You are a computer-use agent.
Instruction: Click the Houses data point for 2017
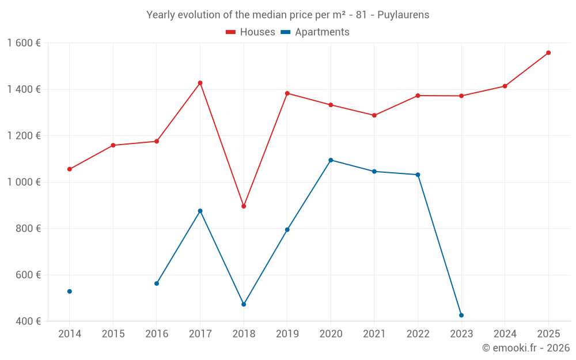point(200,83)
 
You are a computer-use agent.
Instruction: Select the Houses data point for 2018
point(244,206)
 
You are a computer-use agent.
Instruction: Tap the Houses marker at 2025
point(548,52)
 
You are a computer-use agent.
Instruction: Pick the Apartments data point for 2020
point(331,160)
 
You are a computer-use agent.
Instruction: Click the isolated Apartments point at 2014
point(70,291)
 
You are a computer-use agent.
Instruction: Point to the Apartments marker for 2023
point(461,315)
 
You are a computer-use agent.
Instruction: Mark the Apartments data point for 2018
point(244,304)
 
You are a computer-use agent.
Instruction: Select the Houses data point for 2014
point(70,169)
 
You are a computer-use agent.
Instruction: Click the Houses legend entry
point(251,32)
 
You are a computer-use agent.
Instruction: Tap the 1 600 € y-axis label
point(24,43)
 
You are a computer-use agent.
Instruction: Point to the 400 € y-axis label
point(28,321)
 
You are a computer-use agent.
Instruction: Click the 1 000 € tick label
point(24,182)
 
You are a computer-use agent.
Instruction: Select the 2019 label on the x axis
point(287,334)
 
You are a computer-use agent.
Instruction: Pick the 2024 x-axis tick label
point(505,334)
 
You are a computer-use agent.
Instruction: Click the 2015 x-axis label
point(113,334)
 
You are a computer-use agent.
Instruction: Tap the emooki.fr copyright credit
point(526,348)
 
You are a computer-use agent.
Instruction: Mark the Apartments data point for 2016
point(157,283)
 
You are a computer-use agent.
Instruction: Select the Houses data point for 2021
point(374,115)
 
